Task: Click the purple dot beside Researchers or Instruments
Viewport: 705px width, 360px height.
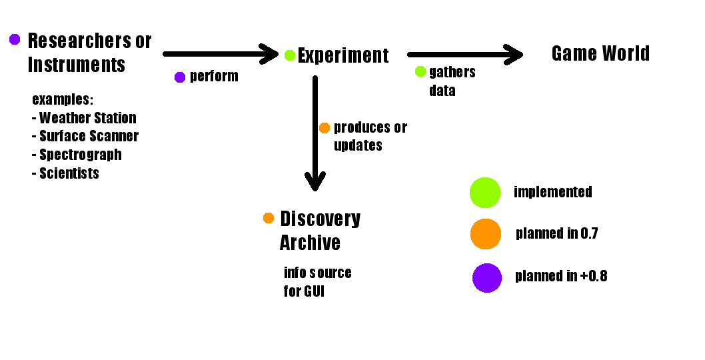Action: pos(15,39)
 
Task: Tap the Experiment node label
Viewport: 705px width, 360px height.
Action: pos(343,55)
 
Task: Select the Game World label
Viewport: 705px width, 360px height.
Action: pos(600,53)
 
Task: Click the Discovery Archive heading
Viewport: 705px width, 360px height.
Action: pos(320,231)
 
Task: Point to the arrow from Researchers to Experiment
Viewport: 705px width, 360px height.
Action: pos(221,54)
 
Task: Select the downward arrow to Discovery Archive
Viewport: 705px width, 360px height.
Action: pos(315,133)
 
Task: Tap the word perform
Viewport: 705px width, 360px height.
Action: pos(214,77)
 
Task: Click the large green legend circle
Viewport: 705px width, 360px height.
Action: pos(485,192)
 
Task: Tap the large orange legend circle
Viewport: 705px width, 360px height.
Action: pos(485,234)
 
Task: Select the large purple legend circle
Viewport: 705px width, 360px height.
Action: pos(486,277)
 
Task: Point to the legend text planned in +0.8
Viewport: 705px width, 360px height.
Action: pos(561,276)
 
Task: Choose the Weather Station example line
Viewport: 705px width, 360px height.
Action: pos(84,118)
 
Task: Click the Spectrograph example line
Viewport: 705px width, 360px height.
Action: pos(77,155)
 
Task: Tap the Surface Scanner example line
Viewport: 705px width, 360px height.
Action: pos(85,136)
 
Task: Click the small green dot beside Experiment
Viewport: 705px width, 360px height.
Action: pos(290,55)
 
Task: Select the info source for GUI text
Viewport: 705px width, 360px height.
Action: pos(317,282)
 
